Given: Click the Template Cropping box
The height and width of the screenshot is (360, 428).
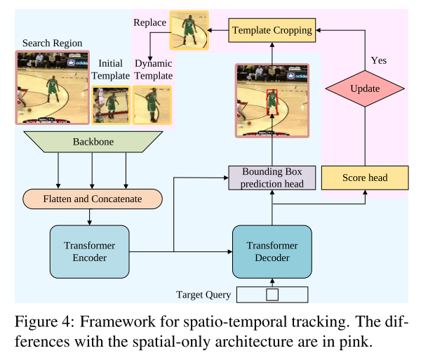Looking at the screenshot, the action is click(x=272, y=30).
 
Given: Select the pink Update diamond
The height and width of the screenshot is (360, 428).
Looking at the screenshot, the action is click(x=365, y=88).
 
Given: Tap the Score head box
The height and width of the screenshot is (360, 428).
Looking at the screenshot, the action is click(x=365, y=178).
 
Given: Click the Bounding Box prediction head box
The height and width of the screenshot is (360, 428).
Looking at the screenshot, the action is click(x=272, y=178).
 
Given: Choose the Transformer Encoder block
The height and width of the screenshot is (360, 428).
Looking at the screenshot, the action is click(x=90, y=252).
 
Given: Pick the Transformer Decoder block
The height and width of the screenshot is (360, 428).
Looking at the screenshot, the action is click(x=272, y=252).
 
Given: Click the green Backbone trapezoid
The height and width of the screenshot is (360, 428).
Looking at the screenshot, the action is click(x=93, y=142).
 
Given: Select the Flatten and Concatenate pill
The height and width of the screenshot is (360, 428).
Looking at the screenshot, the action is click(x=93, y=199).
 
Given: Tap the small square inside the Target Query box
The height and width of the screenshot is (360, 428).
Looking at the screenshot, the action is click(x=272, y=295).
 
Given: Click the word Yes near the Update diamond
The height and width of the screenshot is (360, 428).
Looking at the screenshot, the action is click(x=379, y=60).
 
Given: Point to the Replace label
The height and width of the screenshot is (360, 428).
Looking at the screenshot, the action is click(x=149, y=22).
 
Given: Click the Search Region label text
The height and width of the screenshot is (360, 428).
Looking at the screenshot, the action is click(x=52, y=43).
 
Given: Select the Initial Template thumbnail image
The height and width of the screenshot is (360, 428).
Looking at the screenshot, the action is click(x=111, y=105).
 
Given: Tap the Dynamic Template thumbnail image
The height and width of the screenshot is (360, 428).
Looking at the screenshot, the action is click(x=152, y=105).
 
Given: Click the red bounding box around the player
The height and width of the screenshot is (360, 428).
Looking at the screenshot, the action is click(x=272, y=102).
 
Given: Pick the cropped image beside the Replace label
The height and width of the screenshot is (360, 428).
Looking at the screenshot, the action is click(x=189, y=30).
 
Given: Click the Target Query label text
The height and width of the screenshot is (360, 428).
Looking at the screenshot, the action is click(x=203, y=295).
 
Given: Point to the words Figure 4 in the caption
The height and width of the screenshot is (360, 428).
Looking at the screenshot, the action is click(x=43, y=321).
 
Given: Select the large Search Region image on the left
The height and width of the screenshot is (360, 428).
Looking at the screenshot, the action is click(x=53, y=88).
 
